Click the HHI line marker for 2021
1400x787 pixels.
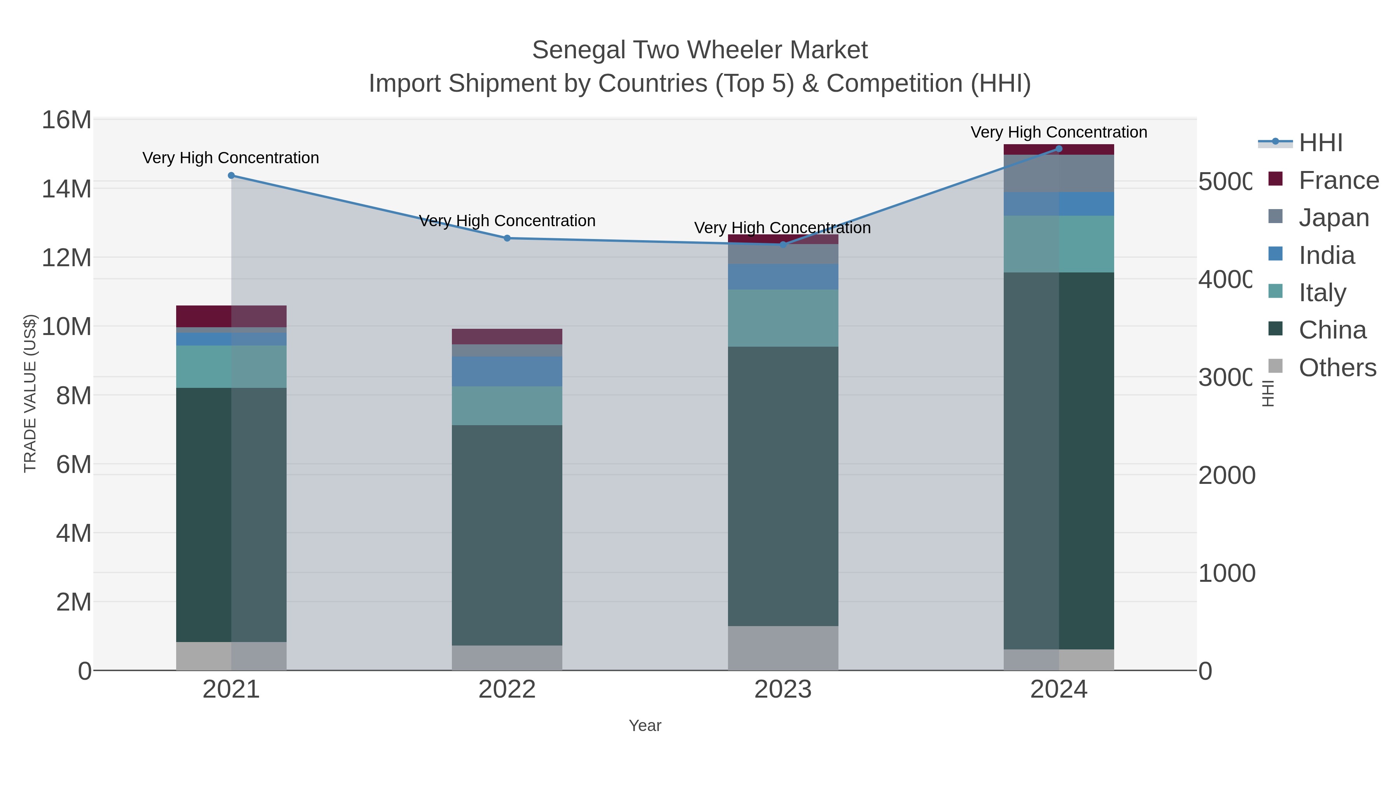pyautogui.click(x=231, y=175)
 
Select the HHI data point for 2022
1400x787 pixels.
pyautogui.click(x=507, y=238)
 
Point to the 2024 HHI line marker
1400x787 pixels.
pyautogui.click(x=1059, y=148)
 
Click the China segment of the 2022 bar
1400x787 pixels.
pyautogui.click(x=507, y=535)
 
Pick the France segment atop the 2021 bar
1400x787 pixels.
pyautogui.click(x=231, y=316)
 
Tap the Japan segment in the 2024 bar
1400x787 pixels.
pyautogui.click(x=1059, y=173)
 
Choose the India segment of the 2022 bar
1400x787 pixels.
pyautogui.click(x=507, y=371)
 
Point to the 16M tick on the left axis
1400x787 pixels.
pyautogui.click(x=66, y=119)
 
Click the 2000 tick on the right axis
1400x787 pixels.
pyautogui.click(x=1227, y=475)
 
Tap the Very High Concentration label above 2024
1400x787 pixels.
pyautogui.click(x=1059, y=132)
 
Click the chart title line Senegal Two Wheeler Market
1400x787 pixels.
pyautogui.click(x=700, y=50)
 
